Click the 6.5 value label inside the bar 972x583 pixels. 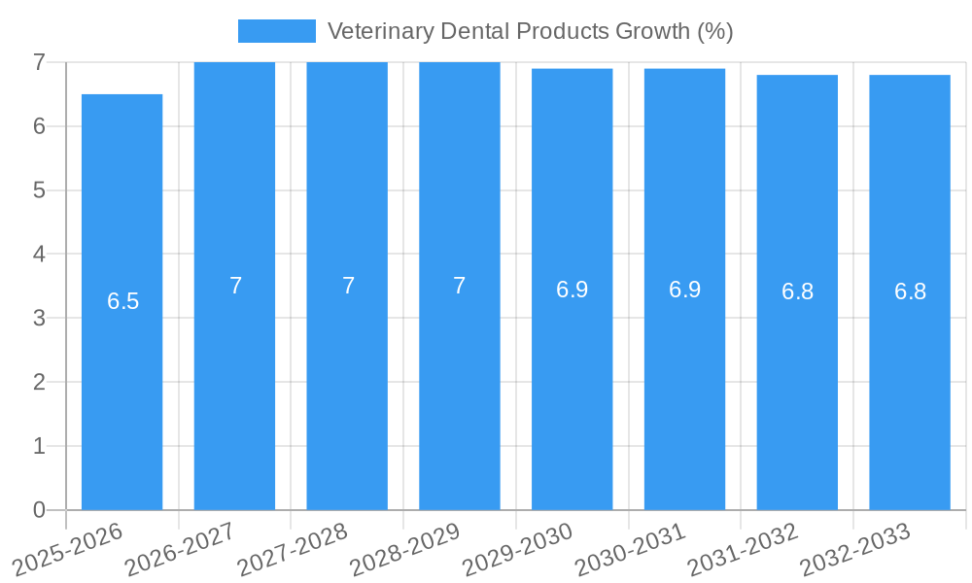pyautogui.click(x=123, y=301)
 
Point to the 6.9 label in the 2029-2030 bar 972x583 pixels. pyautogui.click(x=573, y=290)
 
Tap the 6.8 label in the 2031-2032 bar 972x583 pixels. pyautogui.click(x=797, y=291)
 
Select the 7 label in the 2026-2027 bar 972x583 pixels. pyautogui.click(x=235, y=286)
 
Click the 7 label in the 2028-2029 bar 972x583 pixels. pyautogui.click(x=460, y=286)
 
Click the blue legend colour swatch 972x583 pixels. pyautogui.click(x=277, y=31)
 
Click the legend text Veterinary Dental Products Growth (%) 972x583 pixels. pyautogui.click(x=530, y=31)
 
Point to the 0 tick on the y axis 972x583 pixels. pyautogui.click(x=39, y=510)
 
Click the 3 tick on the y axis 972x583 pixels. pyautogui.click(x=39, y=318)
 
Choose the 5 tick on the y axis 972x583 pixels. pyautogui.click(x=39, y=189)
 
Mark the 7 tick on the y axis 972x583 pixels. pyautogui.click(x=39, y=62)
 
